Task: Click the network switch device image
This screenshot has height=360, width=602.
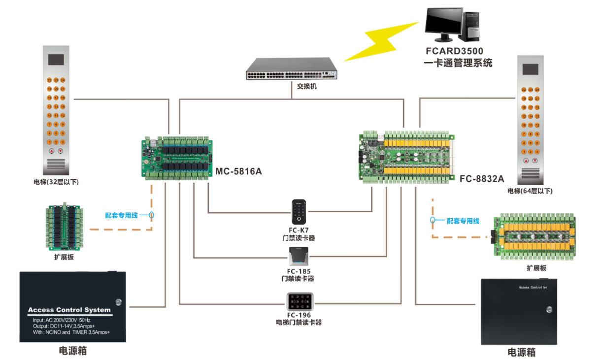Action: [x=294, y=69]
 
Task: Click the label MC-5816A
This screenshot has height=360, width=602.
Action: [x=239, y=171]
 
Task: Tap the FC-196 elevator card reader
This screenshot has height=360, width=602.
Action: [x=300, y=301]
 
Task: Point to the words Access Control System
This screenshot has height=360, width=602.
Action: [x=69, y=310]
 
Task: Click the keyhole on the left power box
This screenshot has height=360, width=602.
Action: [x=118, y=301]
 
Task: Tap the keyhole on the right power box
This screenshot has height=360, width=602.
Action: [x=549, y=309]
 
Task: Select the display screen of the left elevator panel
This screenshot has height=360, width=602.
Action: [x=56, y=60]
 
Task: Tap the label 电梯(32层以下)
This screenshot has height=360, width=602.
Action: [x=56, y=182]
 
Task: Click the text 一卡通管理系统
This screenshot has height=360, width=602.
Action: [x=458, y=63]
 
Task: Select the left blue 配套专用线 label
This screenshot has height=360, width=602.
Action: [x=121, y=216]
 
